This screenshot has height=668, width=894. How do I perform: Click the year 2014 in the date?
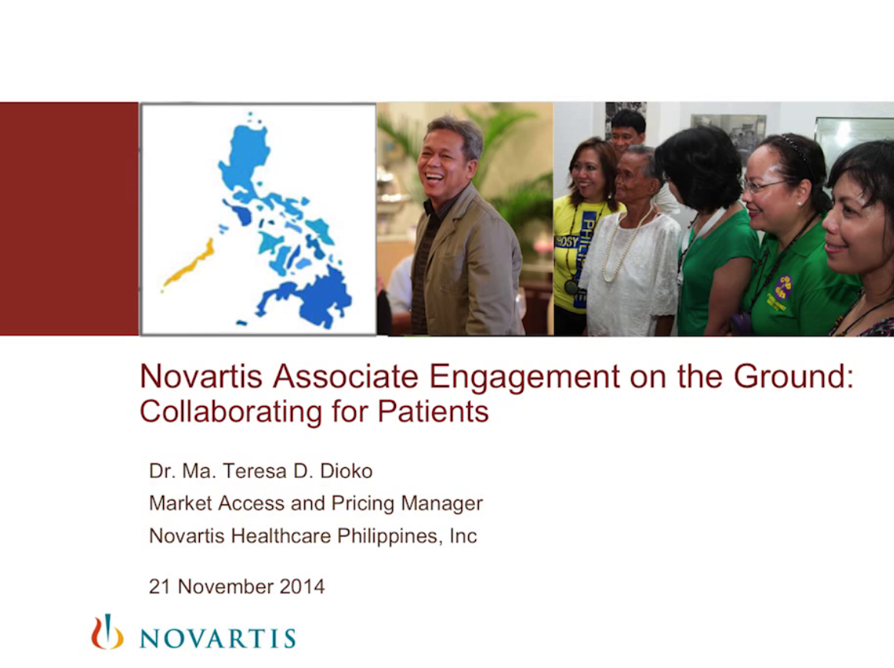point(302,587)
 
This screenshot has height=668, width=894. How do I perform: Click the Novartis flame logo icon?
point(107,632)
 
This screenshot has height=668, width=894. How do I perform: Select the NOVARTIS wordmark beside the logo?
point(218,639)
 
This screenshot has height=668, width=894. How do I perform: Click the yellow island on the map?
point(189,263)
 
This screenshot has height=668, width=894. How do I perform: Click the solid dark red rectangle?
point(69,218)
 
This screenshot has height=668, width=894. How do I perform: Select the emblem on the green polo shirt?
point(783,288)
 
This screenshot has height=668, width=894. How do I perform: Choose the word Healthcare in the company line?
point(281,536)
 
